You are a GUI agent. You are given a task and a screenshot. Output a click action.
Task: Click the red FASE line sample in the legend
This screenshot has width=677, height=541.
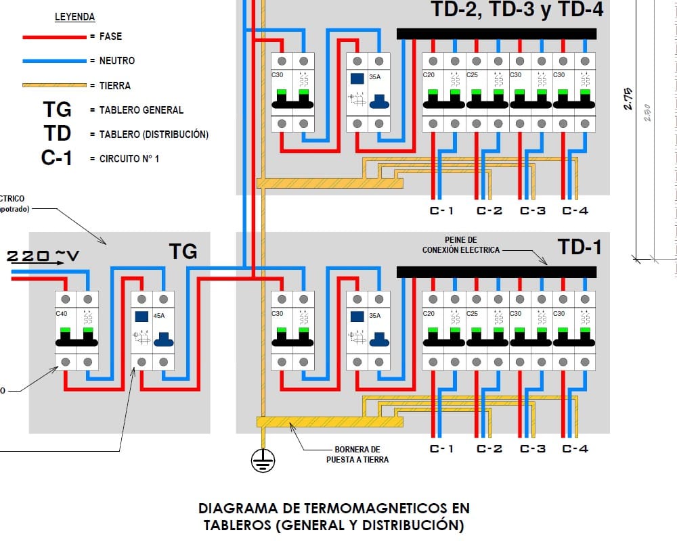tap(54, 37)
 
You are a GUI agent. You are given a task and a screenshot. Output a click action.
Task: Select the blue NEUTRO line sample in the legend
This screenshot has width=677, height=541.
tap(54, 61)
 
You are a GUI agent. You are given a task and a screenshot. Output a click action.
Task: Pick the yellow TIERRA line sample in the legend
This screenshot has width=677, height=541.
tap(54, 86)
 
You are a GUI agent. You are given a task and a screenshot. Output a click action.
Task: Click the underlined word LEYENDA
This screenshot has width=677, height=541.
tap(74, 17)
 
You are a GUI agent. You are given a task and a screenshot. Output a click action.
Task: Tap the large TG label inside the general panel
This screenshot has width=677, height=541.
tap(183, 252)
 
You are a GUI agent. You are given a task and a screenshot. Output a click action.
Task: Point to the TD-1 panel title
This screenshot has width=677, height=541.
tap(580, 248)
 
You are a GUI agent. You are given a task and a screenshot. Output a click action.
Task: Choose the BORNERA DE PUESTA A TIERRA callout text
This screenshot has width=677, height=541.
tap(357, 454)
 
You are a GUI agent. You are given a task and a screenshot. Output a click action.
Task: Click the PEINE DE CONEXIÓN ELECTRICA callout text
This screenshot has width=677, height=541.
tap(461, 245)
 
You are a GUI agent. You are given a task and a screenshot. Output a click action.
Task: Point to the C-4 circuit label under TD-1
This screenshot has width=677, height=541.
tap(575, 448)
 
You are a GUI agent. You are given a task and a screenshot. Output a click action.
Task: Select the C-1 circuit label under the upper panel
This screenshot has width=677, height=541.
tap(442, 210)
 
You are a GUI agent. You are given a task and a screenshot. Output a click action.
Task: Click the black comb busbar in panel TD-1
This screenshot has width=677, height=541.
tap(496, 271)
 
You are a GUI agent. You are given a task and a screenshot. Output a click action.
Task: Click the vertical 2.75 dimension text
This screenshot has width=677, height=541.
tap(628, 98)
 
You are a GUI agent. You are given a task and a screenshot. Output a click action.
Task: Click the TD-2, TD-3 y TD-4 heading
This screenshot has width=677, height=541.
tap(517, 10)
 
